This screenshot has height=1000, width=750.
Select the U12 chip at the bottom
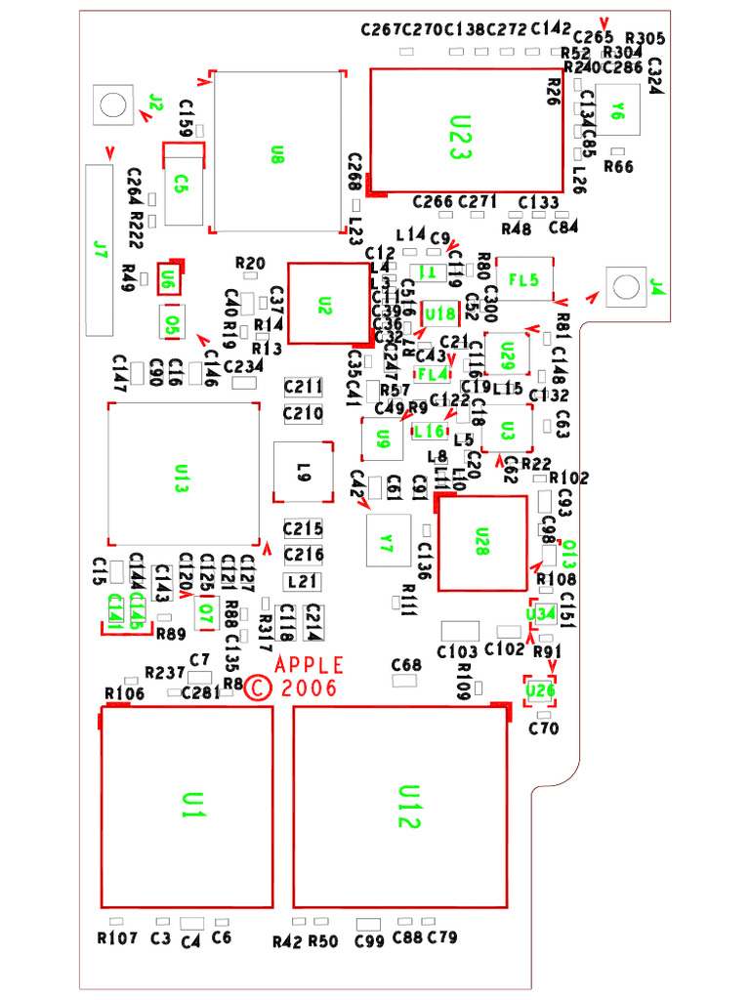click(400, 806)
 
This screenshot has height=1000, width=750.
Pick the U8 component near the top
click(278, 152)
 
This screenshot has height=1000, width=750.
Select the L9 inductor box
click(303, 474)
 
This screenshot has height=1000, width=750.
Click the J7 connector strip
click(97, 251)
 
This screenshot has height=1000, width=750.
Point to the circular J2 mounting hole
click(110, 104)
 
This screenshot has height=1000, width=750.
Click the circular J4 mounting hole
click(623, 286)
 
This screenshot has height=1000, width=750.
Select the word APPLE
click(311, 665)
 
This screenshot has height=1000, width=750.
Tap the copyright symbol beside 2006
click(258, 688)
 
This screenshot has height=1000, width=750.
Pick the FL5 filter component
click(525, 280)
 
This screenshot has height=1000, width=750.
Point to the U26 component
click(540, 690)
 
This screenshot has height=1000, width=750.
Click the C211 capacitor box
click(303, 387)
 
